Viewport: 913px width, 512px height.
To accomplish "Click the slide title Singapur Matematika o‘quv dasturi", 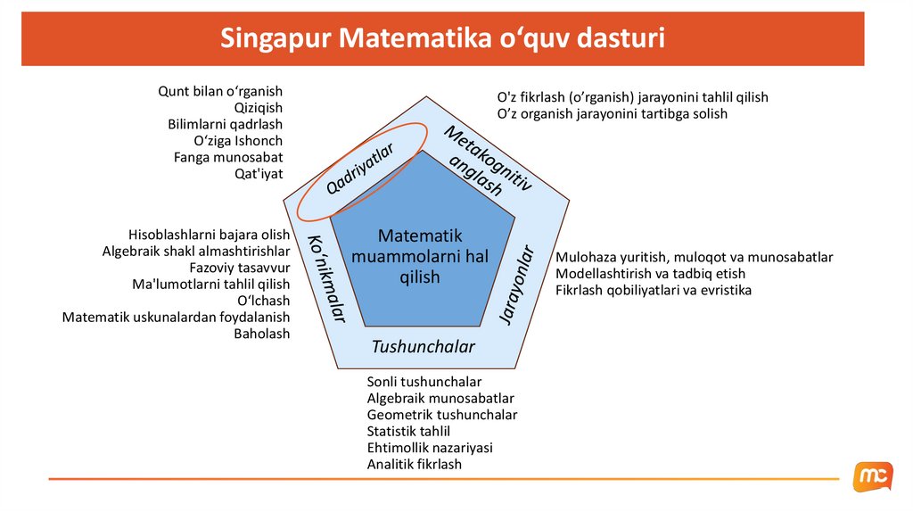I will click(x=442, y=40).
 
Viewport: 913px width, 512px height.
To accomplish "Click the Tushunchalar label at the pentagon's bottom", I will click(x=423, y=346).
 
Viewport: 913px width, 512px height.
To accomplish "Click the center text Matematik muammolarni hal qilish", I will click(x=420, y=257).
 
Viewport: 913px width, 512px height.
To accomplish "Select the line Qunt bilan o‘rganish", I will click(x=220, y=91).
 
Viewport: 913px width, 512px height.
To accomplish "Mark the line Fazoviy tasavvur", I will click(x=240, y=268).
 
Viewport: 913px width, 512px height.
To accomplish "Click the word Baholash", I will click(x=261, y=334).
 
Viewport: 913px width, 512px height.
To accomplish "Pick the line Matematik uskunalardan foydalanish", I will click(x=176, y=317).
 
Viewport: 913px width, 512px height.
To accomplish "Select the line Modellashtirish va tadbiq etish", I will click(x=650, y=274).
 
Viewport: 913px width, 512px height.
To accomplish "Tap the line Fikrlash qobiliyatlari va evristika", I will click(x=653, y=291).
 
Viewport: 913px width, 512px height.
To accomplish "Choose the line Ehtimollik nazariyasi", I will click(x=429, y=448).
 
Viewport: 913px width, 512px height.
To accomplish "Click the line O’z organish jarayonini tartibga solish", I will click(x=612, y=114).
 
